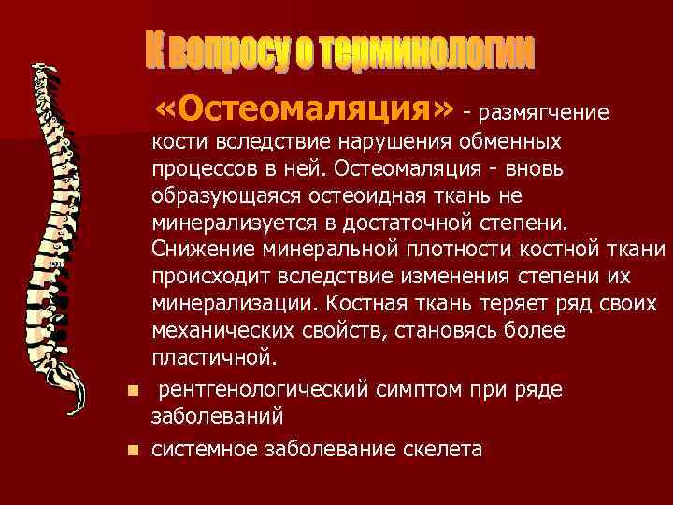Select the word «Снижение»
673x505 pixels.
[x=198, y=252]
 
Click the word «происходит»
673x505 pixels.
[x=206, y=278]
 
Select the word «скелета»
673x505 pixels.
[x=441, y=450]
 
